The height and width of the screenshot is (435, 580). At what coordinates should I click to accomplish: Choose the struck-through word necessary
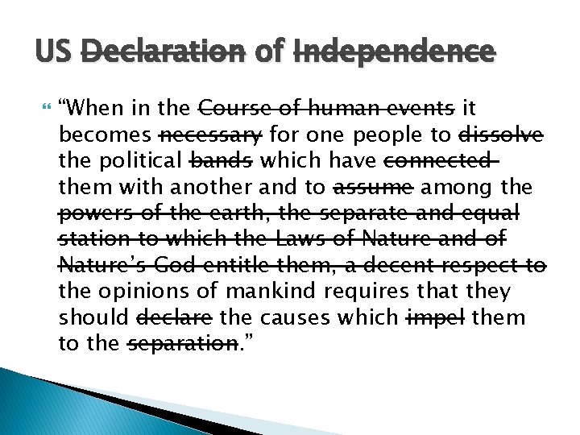tap(211, 134)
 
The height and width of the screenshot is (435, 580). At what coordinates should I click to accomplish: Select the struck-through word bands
tap(220, 160)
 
